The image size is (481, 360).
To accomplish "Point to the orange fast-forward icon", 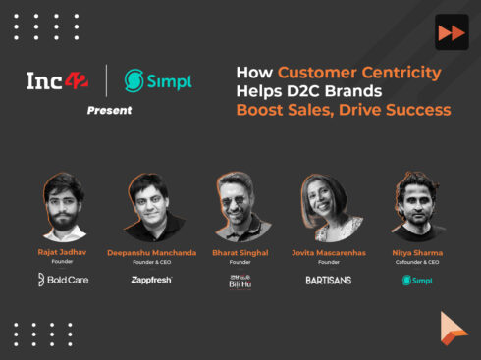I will click(x=450, y=32).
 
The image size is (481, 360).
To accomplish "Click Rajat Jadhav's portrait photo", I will click(x=63, y=207).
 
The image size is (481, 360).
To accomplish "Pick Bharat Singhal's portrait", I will click(x=240, y=205).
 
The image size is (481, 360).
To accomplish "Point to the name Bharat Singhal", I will click(x=240, y=252).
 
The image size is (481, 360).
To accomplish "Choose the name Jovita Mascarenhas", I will click(x=328, y=252).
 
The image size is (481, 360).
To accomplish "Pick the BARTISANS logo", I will click(x=328, y=280).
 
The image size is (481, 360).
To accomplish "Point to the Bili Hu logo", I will click(x=240, y=282).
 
